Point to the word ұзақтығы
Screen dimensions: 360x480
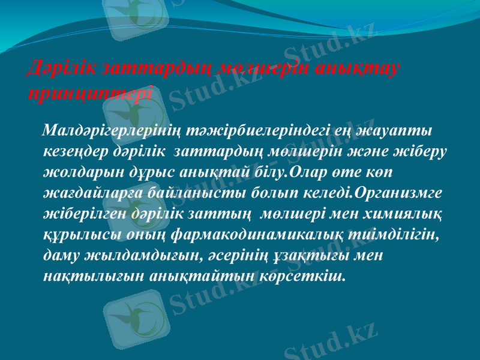click(325, 255)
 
